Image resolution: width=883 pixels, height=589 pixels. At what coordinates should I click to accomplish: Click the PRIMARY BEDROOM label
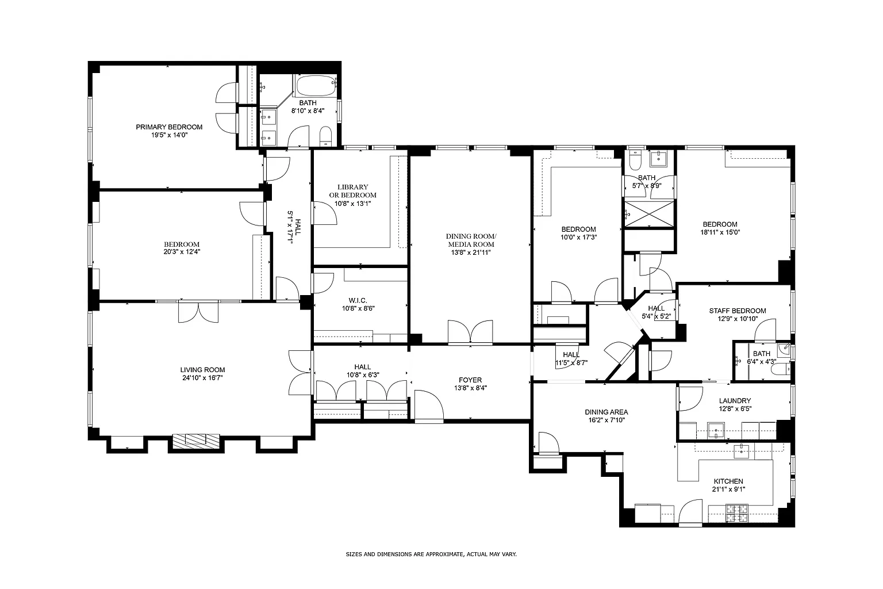(x=169, y=127)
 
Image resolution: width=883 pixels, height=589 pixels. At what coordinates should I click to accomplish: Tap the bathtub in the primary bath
(x=316, y=86)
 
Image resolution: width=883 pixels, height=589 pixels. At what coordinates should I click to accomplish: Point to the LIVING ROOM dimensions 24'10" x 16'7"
(x=202, y=378)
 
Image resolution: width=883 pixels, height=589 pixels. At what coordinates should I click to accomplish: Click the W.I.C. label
(x=358, y=301)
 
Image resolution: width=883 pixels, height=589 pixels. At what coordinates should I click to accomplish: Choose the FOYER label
(x=470, y=380)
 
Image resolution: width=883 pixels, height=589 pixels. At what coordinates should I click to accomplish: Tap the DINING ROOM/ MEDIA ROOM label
(x=471, y=240)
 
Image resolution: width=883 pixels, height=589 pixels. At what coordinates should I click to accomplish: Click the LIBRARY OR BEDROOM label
(x=353, y=191)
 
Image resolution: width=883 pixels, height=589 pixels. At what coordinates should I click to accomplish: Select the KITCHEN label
(x=728, y=481)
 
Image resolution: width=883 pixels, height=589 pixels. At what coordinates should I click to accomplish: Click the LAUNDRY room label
(x=735, y=401)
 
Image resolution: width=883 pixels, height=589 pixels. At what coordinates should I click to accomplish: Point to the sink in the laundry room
(x=716, y=430)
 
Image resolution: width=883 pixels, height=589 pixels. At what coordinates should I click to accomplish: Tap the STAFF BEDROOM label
(x=738, y=311)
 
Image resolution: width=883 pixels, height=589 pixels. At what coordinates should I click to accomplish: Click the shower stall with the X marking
(x=649, y=214)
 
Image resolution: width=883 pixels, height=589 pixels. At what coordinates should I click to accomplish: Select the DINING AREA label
(x=606, y=412)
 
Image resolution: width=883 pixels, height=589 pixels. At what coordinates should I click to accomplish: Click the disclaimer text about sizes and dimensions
(x=431, y=554)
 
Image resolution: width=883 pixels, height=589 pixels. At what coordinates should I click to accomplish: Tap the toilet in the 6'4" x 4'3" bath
(x=781, y=369)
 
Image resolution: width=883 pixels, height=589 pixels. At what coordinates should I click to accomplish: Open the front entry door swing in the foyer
(x=429, y=406)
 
